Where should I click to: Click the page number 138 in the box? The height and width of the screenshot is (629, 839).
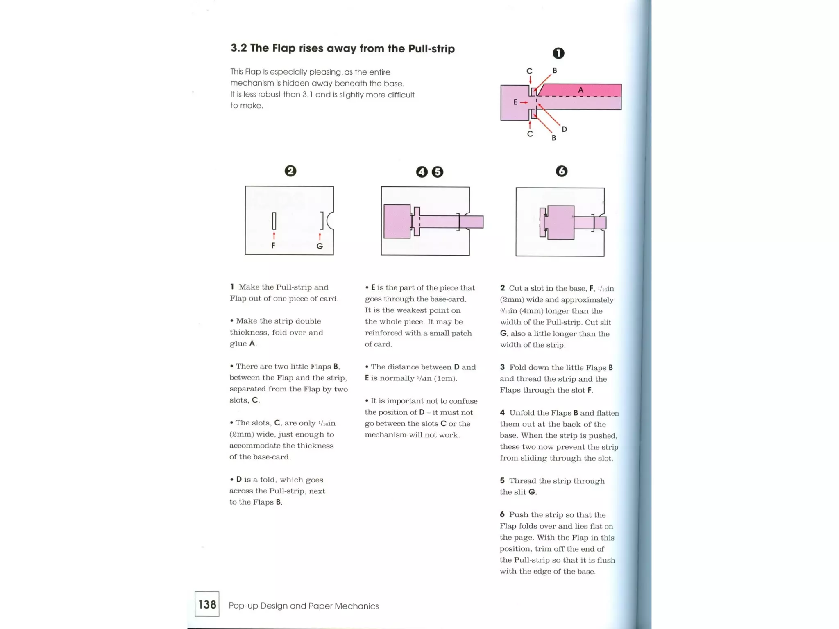pyautogui.click(x=207, y=604)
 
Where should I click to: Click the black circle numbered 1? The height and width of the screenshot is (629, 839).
pyautogui.click(x=558, y=53)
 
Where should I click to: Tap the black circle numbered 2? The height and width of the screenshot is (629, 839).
pyautogui.click(x=290, y=171)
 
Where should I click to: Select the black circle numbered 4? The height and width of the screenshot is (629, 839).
pyautogui.click(x=422, y=172)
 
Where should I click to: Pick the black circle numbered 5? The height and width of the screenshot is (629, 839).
pyautogui.click(x=438, y=172)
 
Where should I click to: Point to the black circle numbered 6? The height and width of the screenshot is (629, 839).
pyautogui.click(x=562, y=171)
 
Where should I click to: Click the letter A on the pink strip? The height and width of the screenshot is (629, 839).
pyautogui.click(x=580, y=90)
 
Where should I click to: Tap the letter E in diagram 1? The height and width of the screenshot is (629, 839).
pyautogui.click(x=515, y=102)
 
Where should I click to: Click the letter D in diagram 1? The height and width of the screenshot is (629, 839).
pyautogui.click(x=564, y=129)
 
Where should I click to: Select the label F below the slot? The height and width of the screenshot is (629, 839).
pyautogui.click(x=273, y=246)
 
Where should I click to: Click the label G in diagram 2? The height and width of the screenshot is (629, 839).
pyautogui.click(x=320, y=246)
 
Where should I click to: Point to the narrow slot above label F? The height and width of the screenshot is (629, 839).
pyautogui.click(x=274, y=221)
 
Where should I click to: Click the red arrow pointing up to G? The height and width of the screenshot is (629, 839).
pyautogui.click(x=320, y=237)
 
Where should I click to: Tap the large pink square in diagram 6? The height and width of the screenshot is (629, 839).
pyautogui.click(x=560, y=222)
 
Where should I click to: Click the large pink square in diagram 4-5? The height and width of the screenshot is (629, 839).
pyautogui.click(x=397, y=222)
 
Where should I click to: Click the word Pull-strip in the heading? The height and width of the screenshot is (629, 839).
pyautogui.click(x=431, y=49)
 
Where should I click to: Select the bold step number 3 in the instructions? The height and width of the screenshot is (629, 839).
pyautogui.click(x=502, y=367)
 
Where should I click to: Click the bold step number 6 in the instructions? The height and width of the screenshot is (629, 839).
pyautogui.click(x=502, y=514)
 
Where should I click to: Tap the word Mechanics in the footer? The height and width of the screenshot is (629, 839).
pyautogui.click(x=356, y=606)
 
